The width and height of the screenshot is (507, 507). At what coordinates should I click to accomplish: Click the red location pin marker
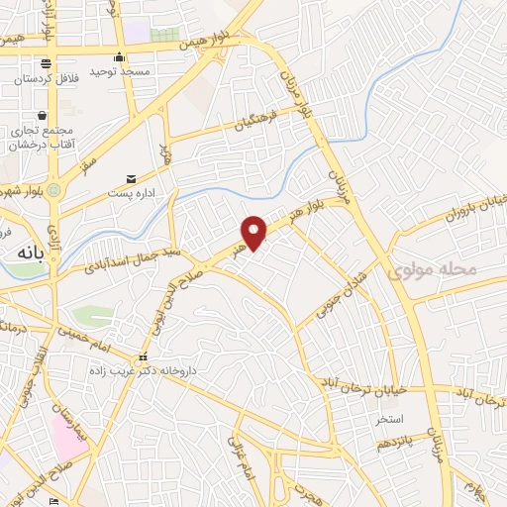pyautogui.click(x=255, y=232)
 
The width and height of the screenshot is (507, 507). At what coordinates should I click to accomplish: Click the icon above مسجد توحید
pyautogui.click(x=119, y=56)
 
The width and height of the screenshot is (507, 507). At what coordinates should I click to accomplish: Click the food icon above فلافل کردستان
pyautogui.click(x=45, y=64)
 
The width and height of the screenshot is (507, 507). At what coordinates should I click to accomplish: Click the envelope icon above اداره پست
pyautogui.click(x=131, y=179)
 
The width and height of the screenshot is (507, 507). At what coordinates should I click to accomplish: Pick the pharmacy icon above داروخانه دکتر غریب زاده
pyautogui.click(x=144, y=356)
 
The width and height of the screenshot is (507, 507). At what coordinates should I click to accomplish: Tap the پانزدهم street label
pyautogui.click(x=389, y=442)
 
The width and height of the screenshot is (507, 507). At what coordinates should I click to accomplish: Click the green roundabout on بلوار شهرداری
pyautogui.click(x=53, y=188)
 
